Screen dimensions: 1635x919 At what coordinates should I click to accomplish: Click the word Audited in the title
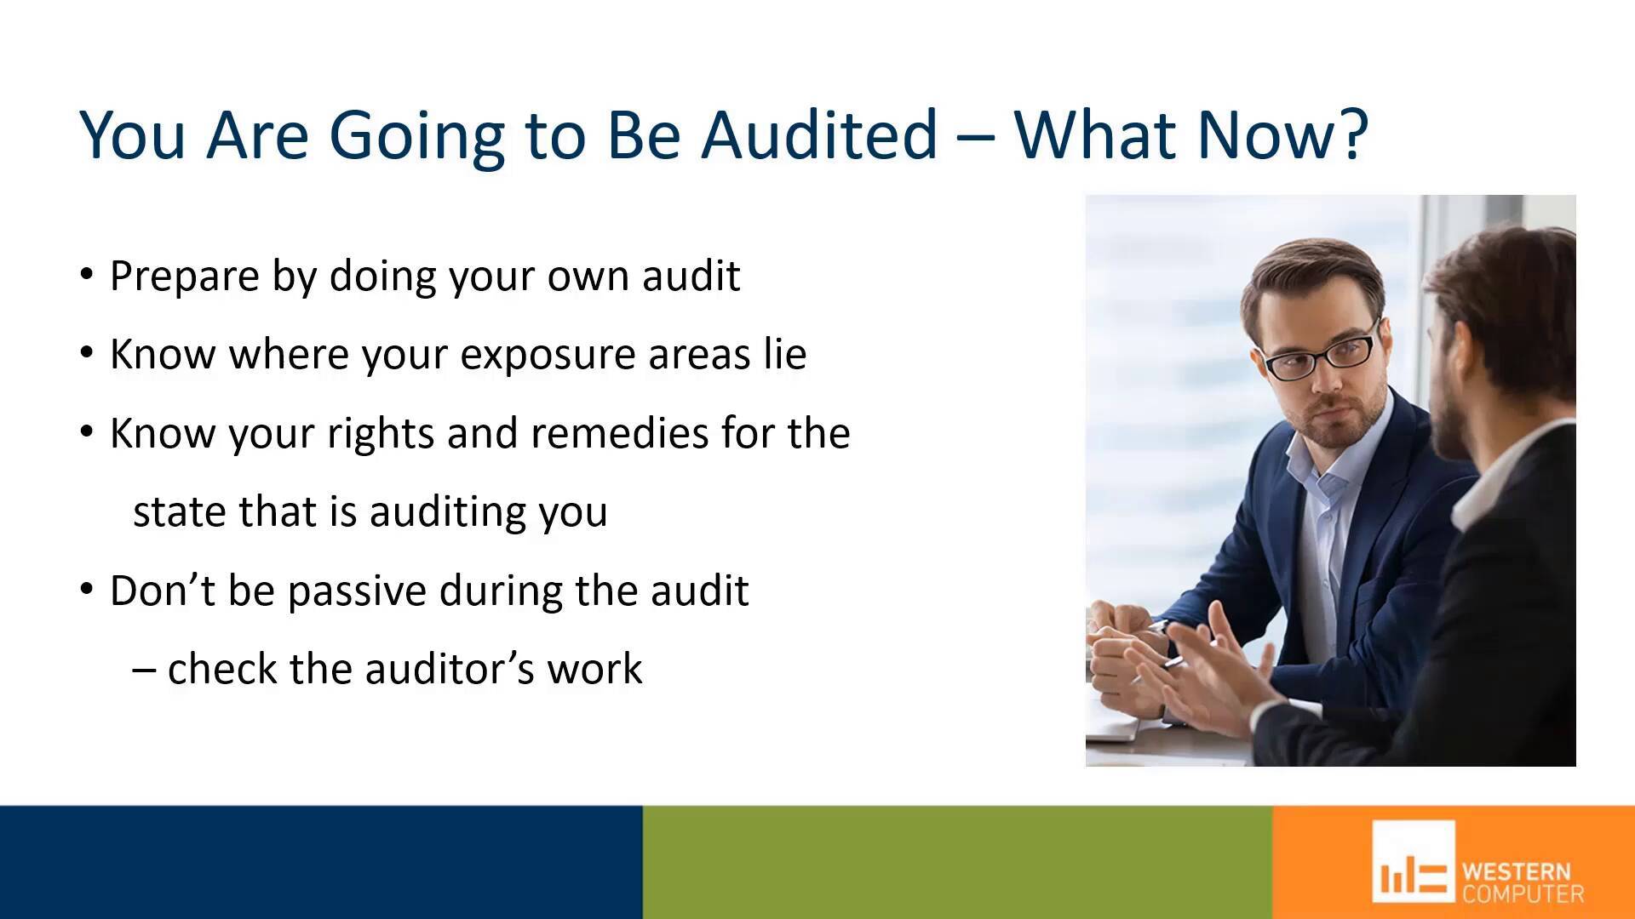click(x=818, y=134)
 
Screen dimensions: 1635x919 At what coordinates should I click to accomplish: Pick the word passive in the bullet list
click(x=357, y=591)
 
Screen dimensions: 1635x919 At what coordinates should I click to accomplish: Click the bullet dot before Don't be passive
click(x=86, y=589)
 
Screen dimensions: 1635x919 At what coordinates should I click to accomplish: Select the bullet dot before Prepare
click(x=86, y=274)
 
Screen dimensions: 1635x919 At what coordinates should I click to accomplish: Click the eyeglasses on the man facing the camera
click(x=1322, y=353)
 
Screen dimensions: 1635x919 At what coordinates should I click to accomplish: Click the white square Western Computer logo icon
click(x=1413, y=861)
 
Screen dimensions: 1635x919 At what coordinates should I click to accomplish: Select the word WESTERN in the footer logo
click(x=1516, y=871)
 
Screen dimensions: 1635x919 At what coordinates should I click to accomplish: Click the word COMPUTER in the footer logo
click(x=1523, y=893)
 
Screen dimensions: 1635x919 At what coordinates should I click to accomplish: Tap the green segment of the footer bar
click(x=957, y=862)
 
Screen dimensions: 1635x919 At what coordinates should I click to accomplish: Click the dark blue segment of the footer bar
click(x=321, y=862)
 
